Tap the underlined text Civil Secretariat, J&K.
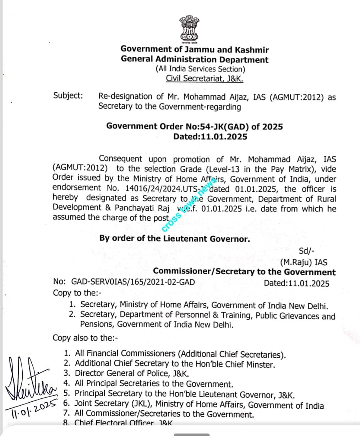[204, 78]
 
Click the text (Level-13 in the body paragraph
[223, 169]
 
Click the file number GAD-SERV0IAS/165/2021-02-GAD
[133, 282]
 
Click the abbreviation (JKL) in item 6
[141, 404]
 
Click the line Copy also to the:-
[85, 338]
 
